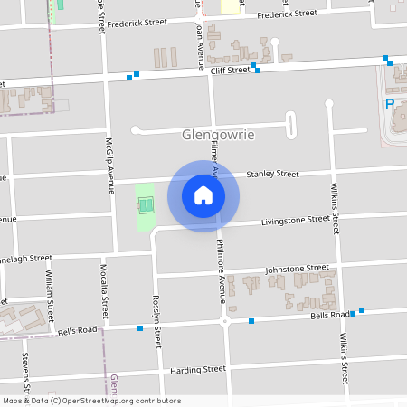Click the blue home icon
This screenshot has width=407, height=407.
203,194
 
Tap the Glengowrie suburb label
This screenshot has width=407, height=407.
218,135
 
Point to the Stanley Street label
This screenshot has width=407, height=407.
272,173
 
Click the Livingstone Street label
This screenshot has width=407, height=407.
296,220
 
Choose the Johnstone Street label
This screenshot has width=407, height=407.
297,269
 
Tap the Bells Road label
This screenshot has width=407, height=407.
329,315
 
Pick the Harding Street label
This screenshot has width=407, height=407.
197,369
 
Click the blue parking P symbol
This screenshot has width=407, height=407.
390,104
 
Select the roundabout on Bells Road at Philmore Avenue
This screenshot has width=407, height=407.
224,321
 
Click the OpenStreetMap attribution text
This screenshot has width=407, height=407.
91,401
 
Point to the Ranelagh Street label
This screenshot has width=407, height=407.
25,258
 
